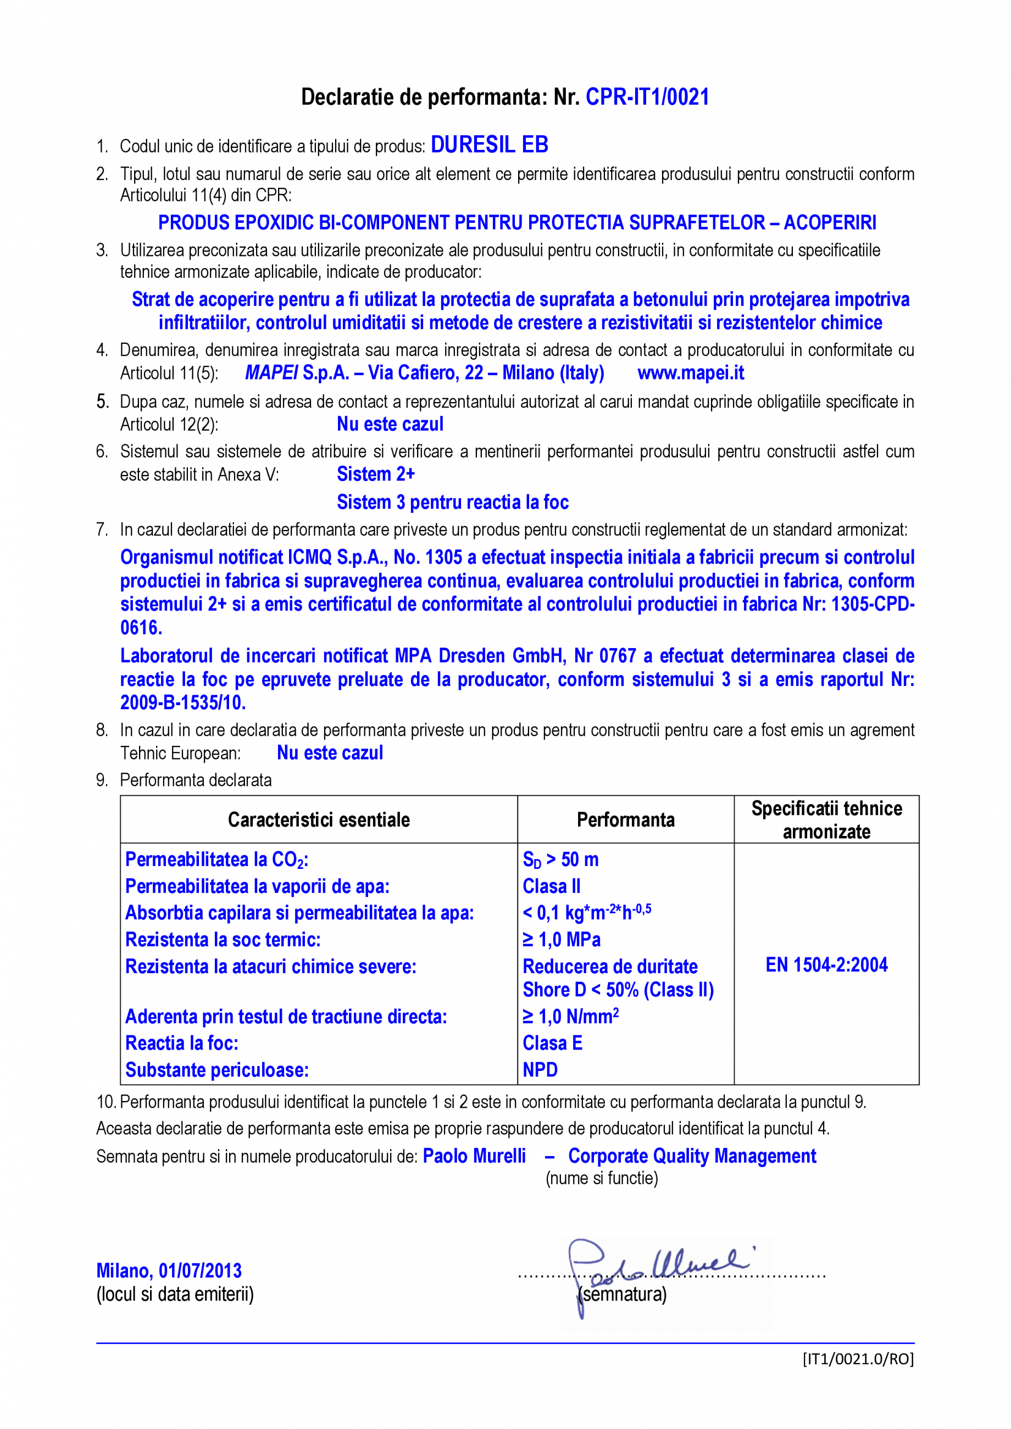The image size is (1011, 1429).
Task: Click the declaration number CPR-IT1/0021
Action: point(647,97)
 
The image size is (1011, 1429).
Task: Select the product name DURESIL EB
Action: point(490,145)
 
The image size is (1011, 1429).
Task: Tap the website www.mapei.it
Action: point(691,373)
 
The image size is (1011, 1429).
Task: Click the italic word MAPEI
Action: point(271,373)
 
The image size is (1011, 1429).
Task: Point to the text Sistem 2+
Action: point(375,475)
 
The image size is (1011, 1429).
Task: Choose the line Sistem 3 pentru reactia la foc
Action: point(453,503)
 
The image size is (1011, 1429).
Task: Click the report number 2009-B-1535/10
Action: point(183,702)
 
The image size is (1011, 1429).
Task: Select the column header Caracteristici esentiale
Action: point(319,820)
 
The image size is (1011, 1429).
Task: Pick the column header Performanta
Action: point(626,820)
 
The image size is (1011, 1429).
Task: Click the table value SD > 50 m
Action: point(560,860)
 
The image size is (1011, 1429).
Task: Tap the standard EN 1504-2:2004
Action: point(826,965)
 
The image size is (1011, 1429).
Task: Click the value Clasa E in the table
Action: point(552,1043)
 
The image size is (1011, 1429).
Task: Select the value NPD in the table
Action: point(540,1070)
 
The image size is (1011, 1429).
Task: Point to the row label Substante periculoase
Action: point(216,1070)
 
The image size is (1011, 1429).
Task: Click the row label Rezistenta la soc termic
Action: point(223,940)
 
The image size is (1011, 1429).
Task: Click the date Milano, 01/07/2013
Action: point(169,1270)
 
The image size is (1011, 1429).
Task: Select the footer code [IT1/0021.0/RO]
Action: point(857,1359)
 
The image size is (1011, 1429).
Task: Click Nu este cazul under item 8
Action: point(330,753)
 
